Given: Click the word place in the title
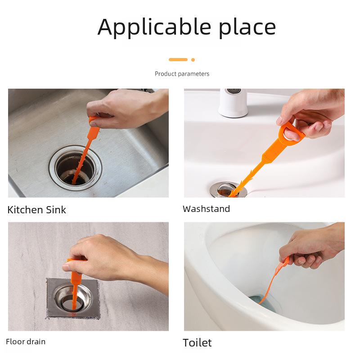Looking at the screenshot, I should [247, 28].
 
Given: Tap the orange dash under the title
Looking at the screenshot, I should [178, 59].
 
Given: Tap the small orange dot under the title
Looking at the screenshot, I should [193, 59].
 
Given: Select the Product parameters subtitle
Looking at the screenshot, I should [182, 74].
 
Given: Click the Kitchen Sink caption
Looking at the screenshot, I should [37, 210].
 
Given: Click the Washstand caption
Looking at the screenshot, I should [206, 209].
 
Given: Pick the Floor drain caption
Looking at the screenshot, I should [26, 342].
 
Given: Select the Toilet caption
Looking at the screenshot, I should [197, 342].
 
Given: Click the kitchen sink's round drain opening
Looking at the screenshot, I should [75, 169].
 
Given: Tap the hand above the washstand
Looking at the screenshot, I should [315, 110].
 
